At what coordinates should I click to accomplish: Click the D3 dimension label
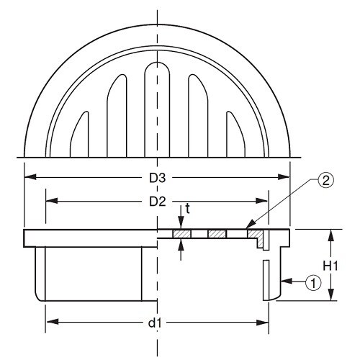pos(158,178)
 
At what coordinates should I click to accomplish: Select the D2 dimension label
pos(158,202)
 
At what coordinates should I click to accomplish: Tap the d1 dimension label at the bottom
pos(155,323)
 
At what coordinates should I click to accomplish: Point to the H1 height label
pos(330,266)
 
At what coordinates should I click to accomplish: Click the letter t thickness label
pos(187,209)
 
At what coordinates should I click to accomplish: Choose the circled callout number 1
pos(313,283)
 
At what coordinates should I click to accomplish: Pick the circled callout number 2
pos(325,181)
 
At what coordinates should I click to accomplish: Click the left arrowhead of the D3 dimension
pos(30,177)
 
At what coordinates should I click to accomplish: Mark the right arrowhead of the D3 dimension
pos(284,177)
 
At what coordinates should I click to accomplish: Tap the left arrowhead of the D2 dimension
pos(52,201)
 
